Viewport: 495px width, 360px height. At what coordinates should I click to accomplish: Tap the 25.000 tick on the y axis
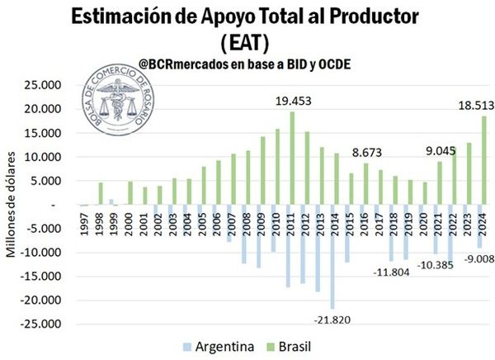pyautogui.click(x=39, y=85)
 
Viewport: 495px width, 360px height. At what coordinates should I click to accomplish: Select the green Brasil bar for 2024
pyautogui.click(x=484, y=160)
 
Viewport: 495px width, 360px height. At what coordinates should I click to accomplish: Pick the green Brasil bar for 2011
pyautogui.click(x=292, y=158)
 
